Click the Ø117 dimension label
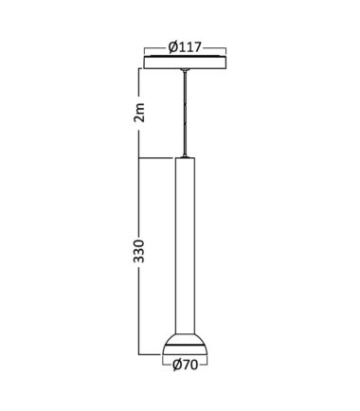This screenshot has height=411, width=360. pos(185,47)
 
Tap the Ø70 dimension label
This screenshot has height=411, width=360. pos(185,366)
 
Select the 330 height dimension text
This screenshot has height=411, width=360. pos(139,251)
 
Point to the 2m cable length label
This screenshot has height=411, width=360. pos(139,113)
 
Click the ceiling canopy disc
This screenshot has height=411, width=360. pos(185,63)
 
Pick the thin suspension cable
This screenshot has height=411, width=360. pos(184,113)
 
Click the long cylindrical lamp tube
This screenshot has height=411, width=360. pos(185,245)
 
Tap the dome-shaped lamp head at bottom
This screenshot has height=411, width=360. pos(185,344)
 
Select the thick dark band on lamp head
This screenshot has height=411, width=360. pos(185,346)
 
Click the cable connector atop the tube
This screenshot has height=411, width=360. pos(185,155)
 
